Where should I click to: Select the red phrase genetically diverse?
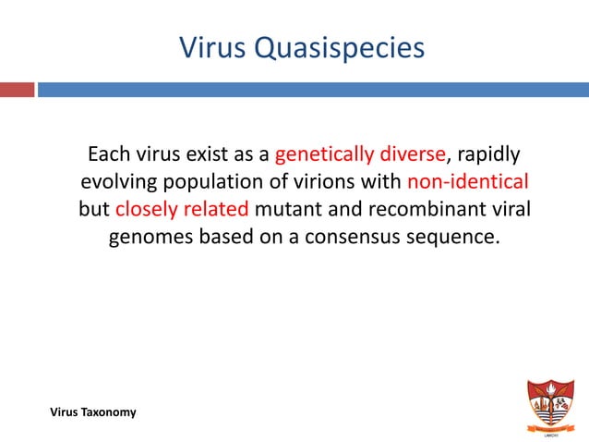click(360, 153)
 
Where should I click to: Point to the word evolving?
click(119, 180)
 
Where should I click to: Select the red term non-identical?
click(467, 180)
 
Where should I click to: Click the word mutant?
click(287, 208)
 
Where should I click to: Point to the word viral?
click(507, 208)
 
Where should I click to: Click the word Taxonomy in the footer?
click(109, 411)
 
